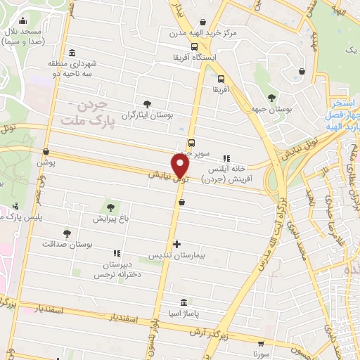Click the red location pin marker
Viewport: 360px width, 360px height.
coord(181,165)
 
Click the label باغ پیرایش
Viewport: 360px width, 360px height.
coord(110,219)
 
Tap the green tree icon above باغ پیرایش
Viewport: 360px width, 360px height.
coord(110,207)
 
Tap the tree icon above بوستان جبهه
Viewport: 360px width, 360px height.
coord(273,97)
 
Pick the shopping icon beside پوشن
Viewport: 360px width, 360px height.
coord(46,151)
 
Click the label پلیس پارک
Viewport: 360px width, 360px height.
coord(22,217)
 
